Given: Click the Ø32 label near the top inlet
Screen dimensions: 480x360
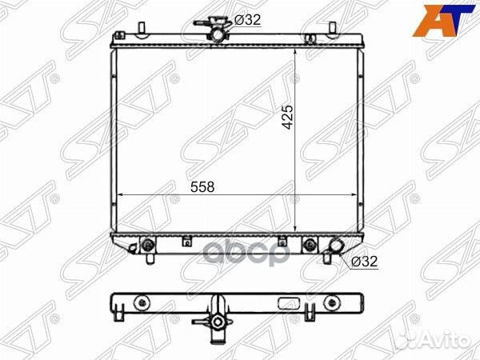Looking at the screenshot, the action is click(247, 20).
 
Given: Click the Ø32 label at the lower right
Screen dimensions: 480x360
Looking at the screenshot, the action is click(364, 262).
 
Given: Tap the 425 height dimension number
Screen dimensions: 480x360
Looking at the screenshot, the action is click(288, 117).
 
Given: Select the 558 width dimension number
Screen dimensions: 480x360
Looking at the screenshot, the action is click(202, 187).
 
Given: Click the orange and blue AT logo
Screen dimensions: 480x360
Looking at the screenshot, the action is click(446, 20).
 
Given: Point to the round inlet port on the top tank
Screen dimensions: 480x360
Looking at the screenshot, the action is click(218, 34).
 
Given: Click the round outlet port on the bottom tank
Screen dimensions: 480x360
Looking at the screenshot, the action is click(335, 246).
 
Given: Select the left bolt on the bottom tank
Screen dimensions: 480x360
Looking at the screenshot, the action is click(147, 244).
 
